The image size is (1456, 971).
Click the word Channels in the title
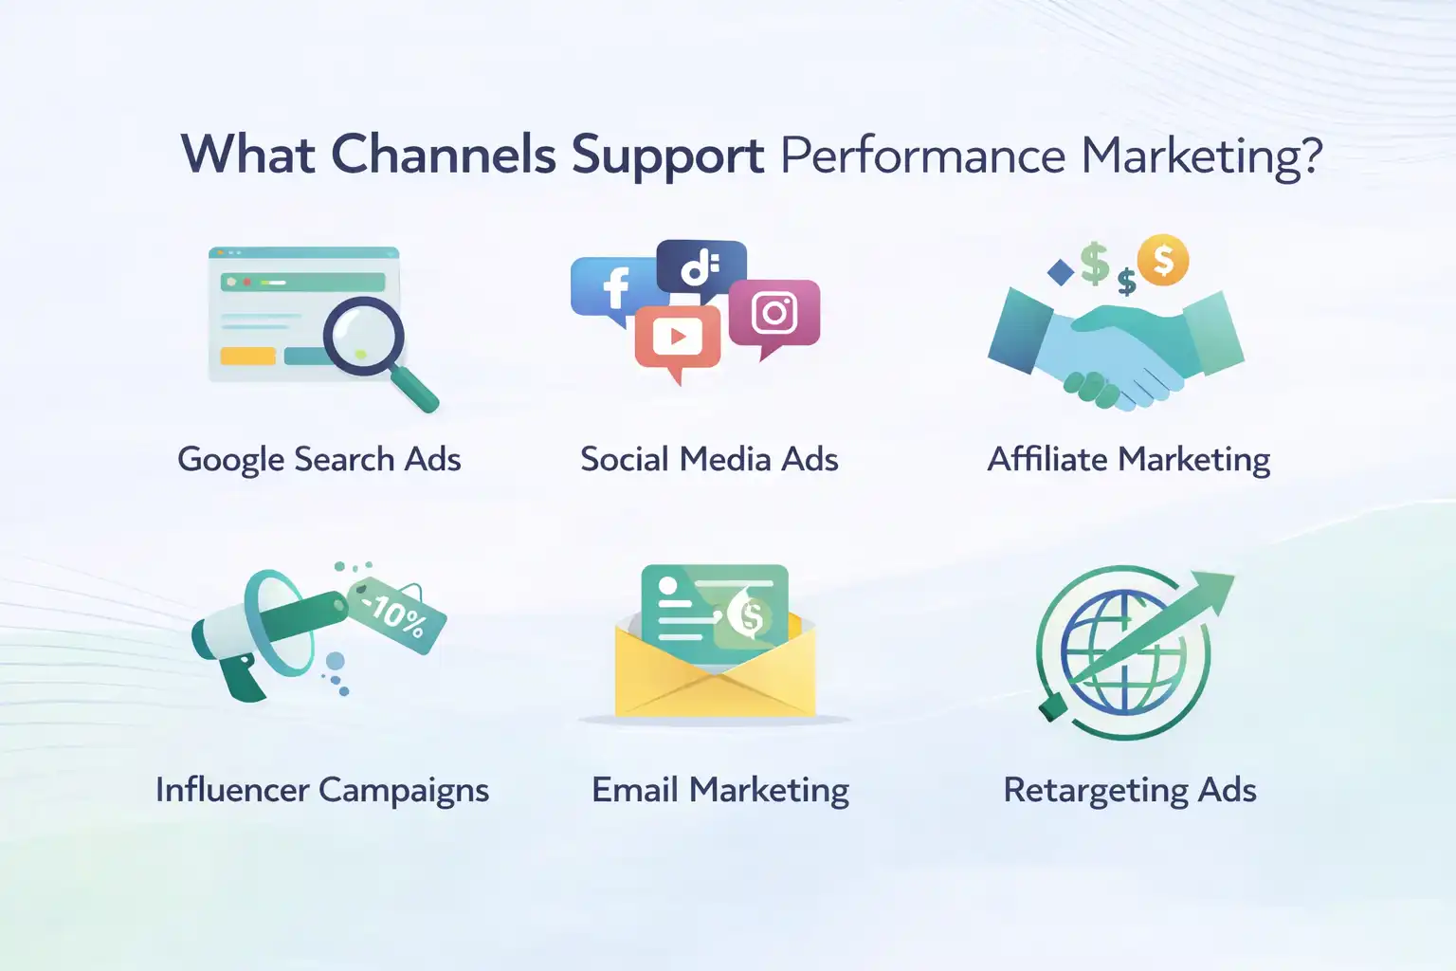443,155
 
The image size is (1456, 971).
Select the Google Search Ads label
319,460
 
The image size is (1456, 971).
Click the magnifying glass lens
363,336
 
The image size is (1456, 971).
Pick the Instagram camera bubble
774,314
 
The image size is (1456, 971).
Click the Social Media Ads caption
709,460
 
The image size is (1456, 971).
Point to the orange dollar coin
1163,260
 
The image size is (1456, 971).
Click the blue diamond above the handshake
1061,273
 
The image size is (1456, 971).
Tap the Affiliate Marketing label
1129,460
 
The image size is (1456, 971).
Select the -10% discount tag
397,614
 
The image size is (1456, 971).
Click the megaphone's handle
237,676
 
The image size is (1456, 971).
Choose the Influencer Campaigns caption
322,790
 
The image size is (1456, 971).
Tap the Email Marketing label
720,790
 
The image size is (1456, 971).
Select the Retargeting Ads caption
1130,790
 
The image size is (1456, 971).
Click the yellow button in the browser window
247,357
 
